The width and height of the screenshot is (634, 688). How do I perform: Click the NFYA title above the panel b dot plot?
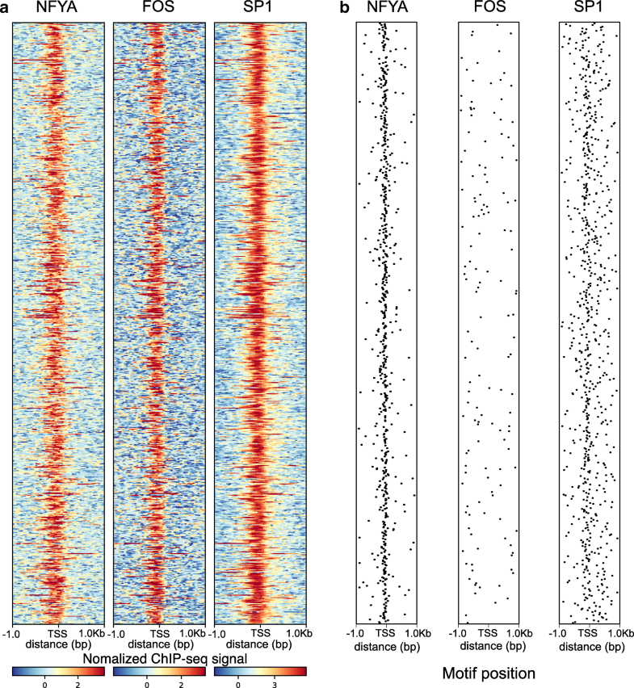385,9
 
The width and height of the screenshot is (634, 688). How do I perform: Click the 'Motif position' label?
488,672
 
